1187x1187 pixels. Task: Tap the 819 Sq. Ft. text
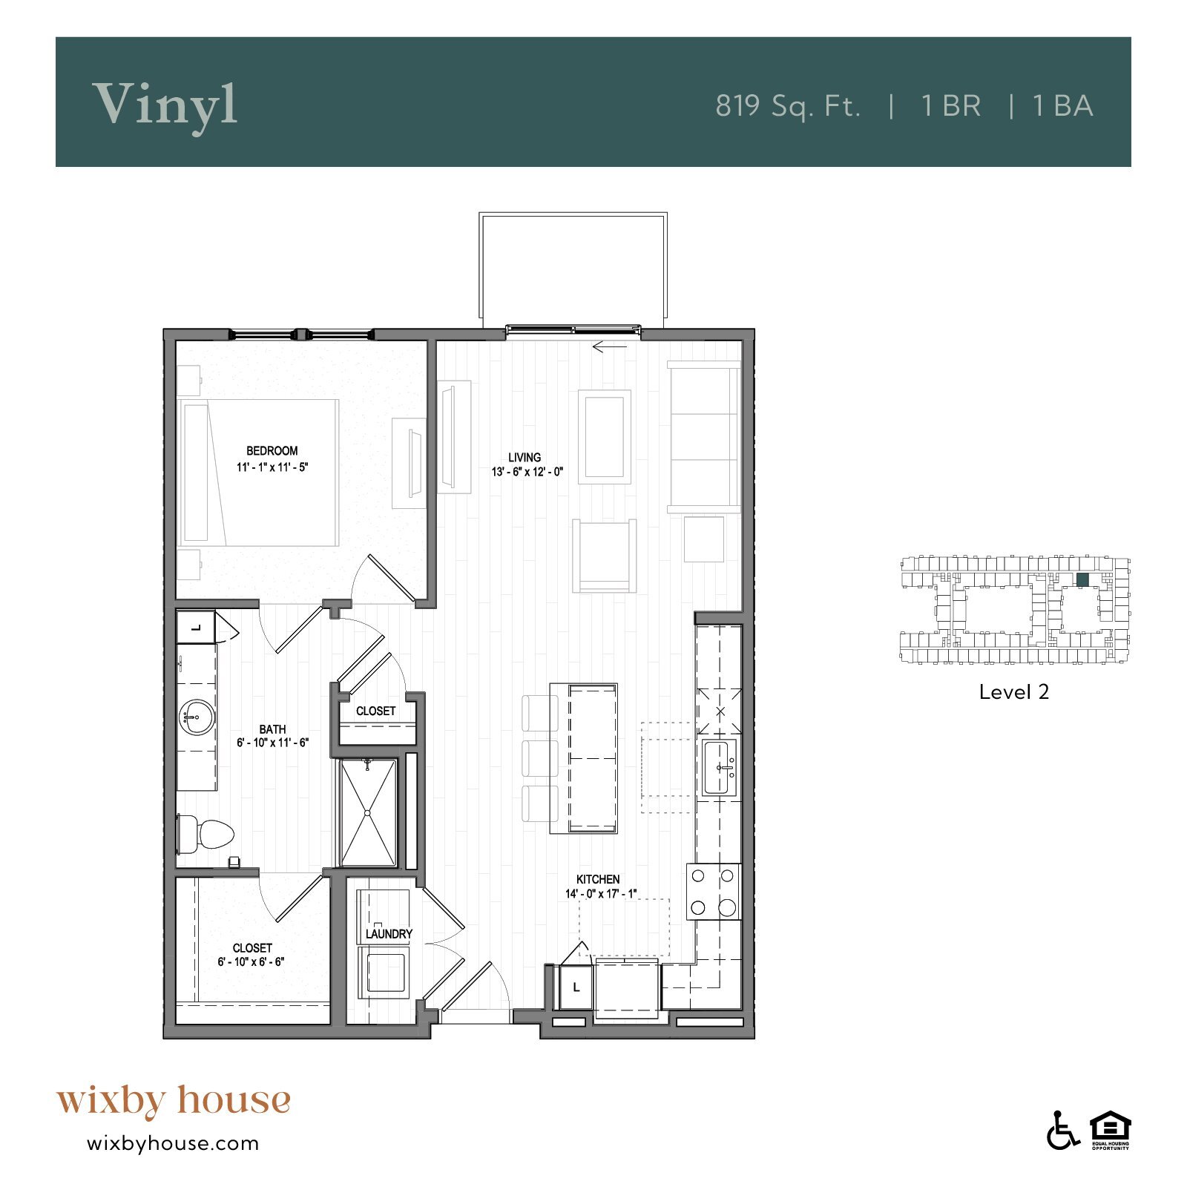788,106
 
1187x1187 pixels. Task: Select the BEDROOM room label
272,451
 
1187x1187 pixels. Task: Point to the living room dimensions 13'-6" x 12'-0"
527,472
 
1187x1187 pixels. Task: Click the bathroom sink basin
197,717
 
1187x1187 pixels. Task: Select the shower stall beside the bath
368,812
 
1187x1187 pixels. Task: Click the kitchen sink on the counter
718,768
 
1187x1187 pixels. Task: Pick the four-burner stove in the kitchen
713,892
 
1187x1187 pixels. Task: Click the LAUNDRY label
389,934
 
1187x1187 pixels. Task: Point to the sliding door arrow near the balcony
610,346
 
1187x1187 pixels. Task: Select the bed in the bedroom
258,473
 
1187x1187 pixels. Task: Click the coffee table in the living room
604,437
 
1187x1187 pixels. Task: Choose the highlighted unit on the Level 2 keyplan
1082,579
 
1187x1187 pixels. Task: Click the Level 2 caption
1013,692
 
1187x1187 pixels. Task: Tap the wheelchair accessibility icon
1062,1131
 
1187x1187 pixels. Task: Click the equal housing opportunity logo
1110,1129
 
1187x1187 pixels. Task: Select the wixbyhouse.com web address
173,1143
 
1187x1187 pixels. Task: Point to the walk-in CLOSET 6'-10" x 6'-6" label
252,955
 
